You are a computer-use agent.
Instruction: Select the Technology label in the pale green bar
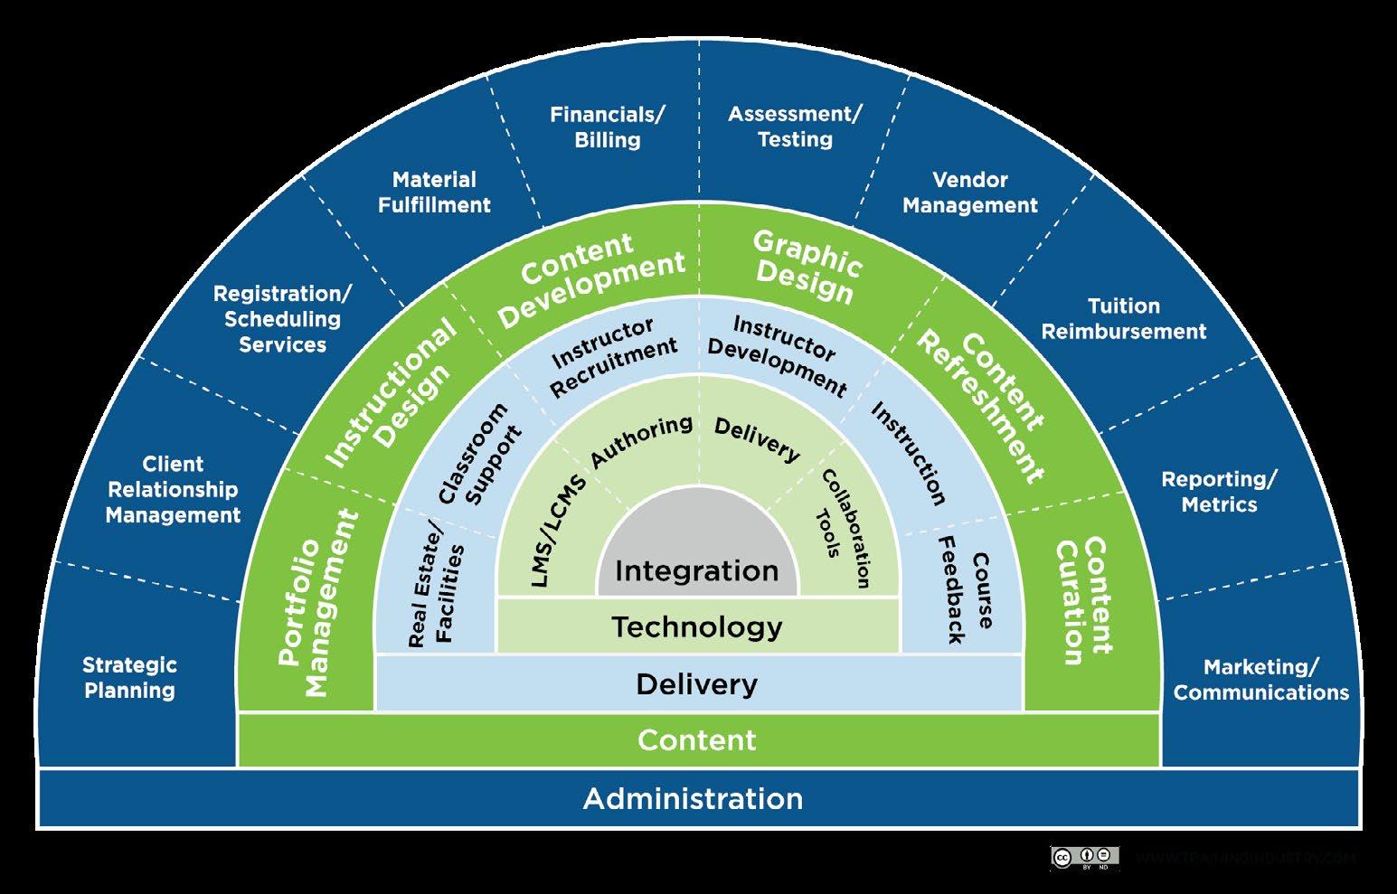[697, 627]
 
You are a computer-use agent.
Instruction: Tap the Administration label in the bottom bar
[693, 799]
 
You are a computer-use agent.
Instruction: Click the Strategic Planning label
[129, 678]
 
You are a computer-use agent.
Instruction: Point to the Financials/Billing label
[608, 127]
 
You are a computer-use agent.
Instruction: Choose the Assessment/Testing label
[795, 127]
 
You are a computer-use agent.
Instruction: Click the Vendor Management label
[970, 193]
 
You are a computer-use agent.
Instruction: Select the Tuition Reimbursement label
[1123, 319]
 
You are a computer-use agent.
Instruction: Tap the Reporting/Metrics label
[1219, 492]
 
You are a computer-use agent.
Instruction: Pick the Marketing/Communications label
[1260, 680]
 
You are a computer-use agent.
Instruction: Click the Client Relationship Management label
[173, 490]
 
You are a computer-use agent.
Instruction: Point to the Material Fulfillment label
[434, 193]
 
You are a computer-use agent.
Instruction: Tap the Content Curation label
[1082, 600]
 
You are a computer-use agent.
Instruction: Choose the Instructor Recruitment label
[614, 356]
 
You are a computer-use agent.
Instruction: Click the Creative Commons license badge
[1084, 857]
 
